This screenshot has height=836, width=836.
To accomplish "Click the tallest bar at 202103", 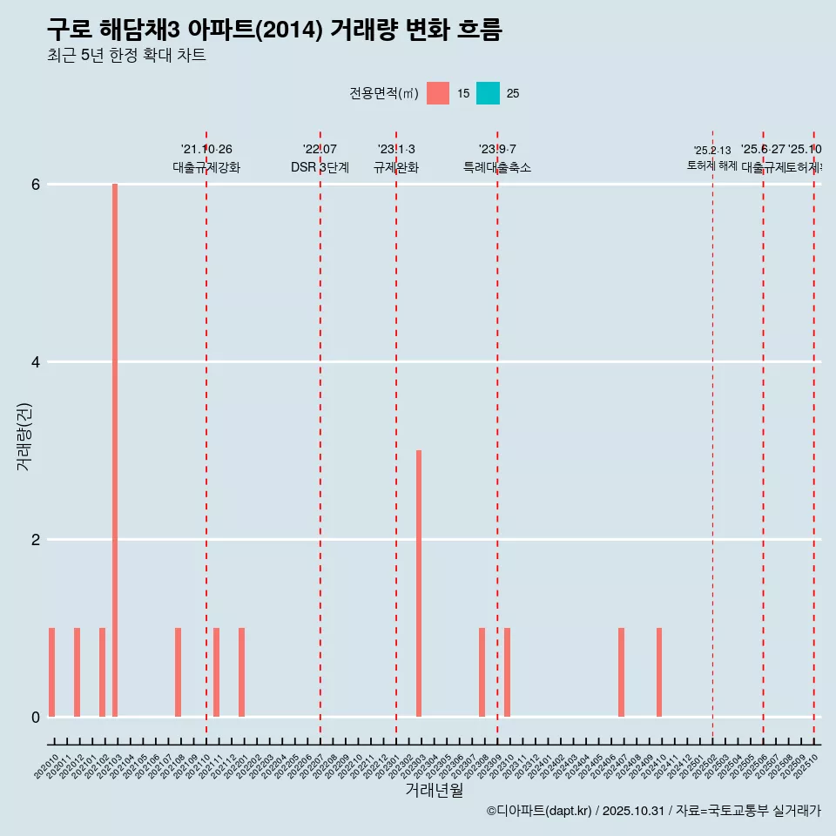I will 115,450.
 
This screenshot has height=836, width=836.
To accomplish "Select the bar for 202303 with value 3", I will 419,583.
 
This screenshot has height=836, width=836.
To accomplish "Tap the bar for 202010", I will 52,672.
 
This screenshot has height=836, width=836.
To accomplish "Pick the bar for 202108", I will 179,672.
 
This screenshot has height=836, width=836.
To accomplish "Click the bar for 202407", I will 621,672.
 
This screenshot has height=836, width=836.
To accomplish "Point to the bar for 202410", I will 659,672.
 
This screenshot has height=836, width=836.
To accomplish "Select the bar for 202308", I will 482,672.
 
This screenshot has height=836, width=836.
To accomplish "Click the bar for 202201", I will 241,672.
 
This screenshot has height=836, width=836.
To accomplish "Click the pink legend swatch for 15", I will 438,93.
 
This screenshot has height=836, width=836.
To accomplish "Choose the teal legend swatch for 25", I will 488,93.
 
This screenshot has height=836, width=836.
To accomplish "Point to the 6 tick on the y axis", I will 36,185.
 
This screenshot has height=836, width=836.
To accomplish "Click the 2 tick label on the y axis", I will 36,540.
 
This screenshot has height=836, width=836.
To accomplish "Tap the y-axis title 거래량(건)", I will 24,435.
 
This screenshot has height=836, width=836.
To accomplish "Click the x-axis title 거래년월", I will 434,790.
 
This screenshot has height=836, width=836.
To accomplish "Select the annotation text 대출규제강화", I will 206,167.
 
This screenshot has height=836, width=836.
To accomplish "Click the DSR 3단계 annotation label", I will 320,167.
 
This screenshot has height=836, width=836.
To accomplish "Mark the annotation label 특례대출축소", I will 497,167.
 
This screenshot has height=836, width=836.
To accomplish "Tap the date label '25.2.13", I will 712,151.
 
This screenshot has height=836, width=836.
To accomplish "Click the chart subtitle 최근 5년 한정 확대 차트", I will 126,56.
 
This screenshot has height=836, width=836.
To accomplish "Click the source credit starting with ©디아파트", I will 653,811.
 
